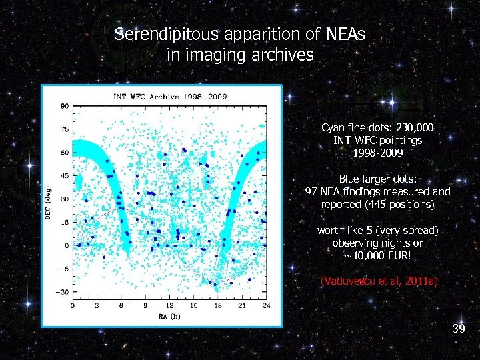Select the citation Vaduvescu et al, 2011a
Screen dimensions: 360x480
[379, 281]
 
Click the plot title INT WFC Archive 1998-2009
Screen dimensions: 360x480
[170, 97]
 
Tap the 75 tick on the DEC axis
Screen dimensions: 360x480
[65, 129]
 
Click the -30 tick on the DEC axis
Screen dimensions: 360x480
[63, 292]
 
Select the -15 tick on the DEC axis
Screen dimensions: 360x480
[63, 269]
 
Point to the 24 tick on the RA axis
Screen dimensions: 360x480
[265, 305]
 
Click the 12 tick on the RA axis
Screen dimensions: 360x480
[169, 305]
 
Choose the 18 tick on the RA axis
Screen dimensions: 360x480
[217, 305]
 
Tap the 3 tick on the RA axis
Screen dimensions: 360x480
[97, 305]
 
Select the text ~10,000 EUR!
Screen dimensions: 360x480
[377, 256]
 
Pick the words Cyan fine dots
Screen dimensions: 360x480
[352, 127]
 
